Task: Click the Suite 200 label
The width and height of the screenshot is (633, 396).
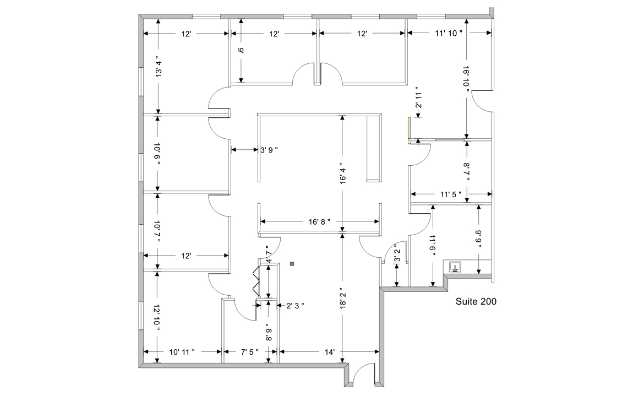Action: point(477,301)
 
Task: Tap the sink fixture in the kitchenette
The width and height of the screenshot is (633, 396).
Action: point(455,268)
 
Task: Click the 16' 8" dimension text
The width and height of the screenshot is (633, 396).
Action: point(319,221)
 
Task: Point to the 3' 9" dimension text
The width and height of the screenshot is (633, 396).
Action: point(269,149)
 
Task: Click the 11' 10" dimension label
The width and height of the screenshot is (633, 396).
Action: point(449,34)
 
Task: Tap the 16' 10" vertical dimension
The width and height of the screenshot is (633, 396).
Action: point(466,78)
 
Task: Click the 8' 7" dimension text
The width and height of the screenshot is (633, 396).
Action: point(467,172)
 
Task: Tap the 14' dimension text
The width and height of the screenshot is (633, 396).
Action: point(329,351)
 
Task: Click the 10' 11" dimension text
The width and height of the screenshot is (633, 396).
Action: point(182,351)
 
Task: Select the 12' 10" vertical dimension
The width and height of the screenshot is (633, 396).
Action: point(157,317)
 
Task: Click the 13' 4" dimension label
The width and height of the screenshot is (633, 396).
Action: point(157,66)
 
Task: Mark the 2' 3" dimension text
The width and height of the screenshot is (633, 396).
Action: point(295,305)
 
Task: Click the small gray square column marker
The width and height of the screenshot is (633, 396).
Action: point(292,264)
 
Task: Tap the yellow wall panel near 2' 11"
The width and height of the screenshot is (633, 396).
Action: point(409,128)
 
